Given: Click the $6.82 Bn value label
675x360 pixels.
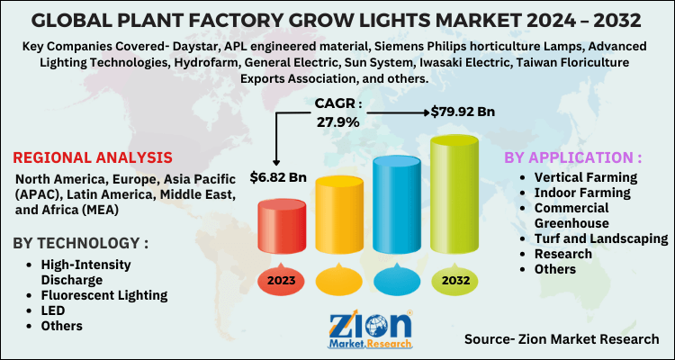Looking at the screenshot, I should click(x=279, y=175).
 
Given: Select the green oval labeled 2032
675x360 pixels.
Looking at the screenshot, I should click(x=455, y=282).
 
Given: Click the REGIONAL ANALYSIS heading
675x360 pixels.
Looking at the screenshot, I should click(x=94, y=157).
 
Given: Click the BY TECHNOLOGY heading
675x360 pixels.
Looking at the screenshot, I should click(x=80, y=243).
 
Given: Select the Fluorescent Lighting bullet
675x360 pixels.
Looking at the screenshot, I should click(x=103, y=294).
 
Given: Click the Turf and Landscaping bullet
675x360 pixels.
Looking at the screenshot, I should click(x=600, y=238).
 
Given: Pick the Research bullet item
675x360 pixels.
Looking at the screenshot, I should click(x=563, y=254).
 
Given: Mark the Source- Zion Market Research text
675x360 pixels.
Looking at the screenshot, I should click(x=562, y=338).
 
